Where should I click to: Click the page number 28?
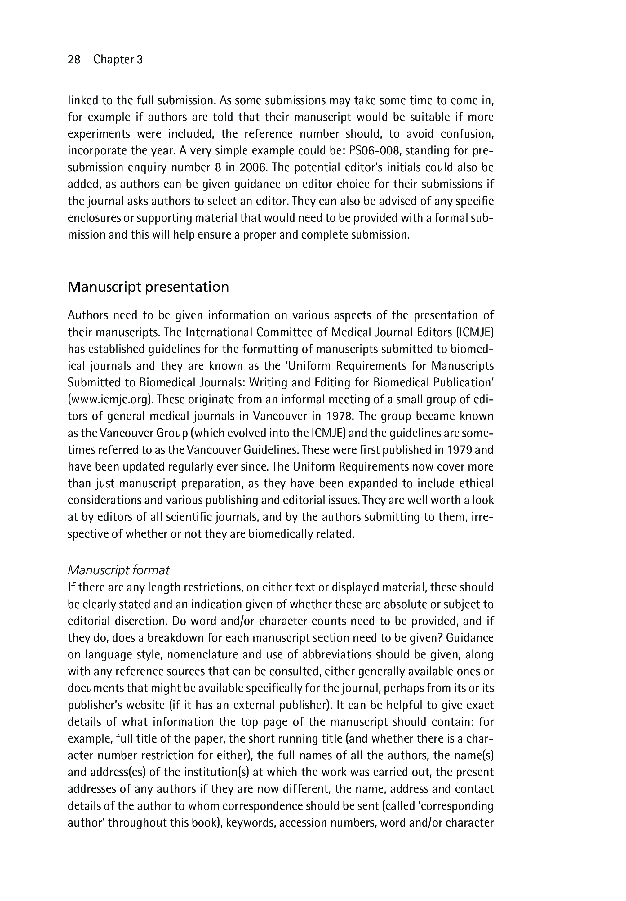(x=74, y=60)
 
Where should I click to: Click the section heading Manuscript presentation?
(x=148, y=287)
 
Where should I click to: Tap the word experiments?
(x=99, y=134)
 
